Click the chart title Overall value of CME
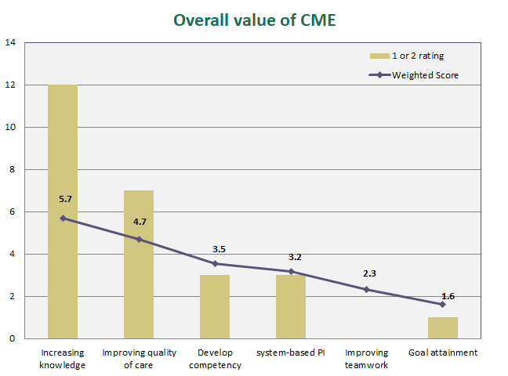pyautogui.click(x=254, y=20)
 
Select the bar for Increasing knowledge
pyautogui.click(x=63, y=211)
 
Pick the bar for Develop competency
pyautogui.click(x=214, y=306)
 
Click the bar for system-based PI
pyautogui.click(x=290, y=306)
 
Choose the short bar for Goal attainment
pyautogui.click(x=442, y=327)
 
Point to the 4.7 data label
pyautogui.click(x=140, y=222)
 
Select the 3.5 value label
pyautogui.click(x=219, y=248)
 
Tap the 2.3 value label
pyautogui.click(x=370, y=273)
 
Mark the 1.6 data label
pyautogui.click(x=448, y=295)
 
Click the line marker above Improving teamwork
pyautogui.click(x=366, y=290)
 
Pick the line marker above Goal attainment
pyautogui.click(x=442, y=304)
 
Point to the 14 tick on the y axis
pyautogui.click(x=10, y=42)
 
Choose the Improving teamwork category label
pyautogui.click(x=366, y=359)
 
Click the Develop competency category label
pyautogui.click(x=214, y=359)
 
